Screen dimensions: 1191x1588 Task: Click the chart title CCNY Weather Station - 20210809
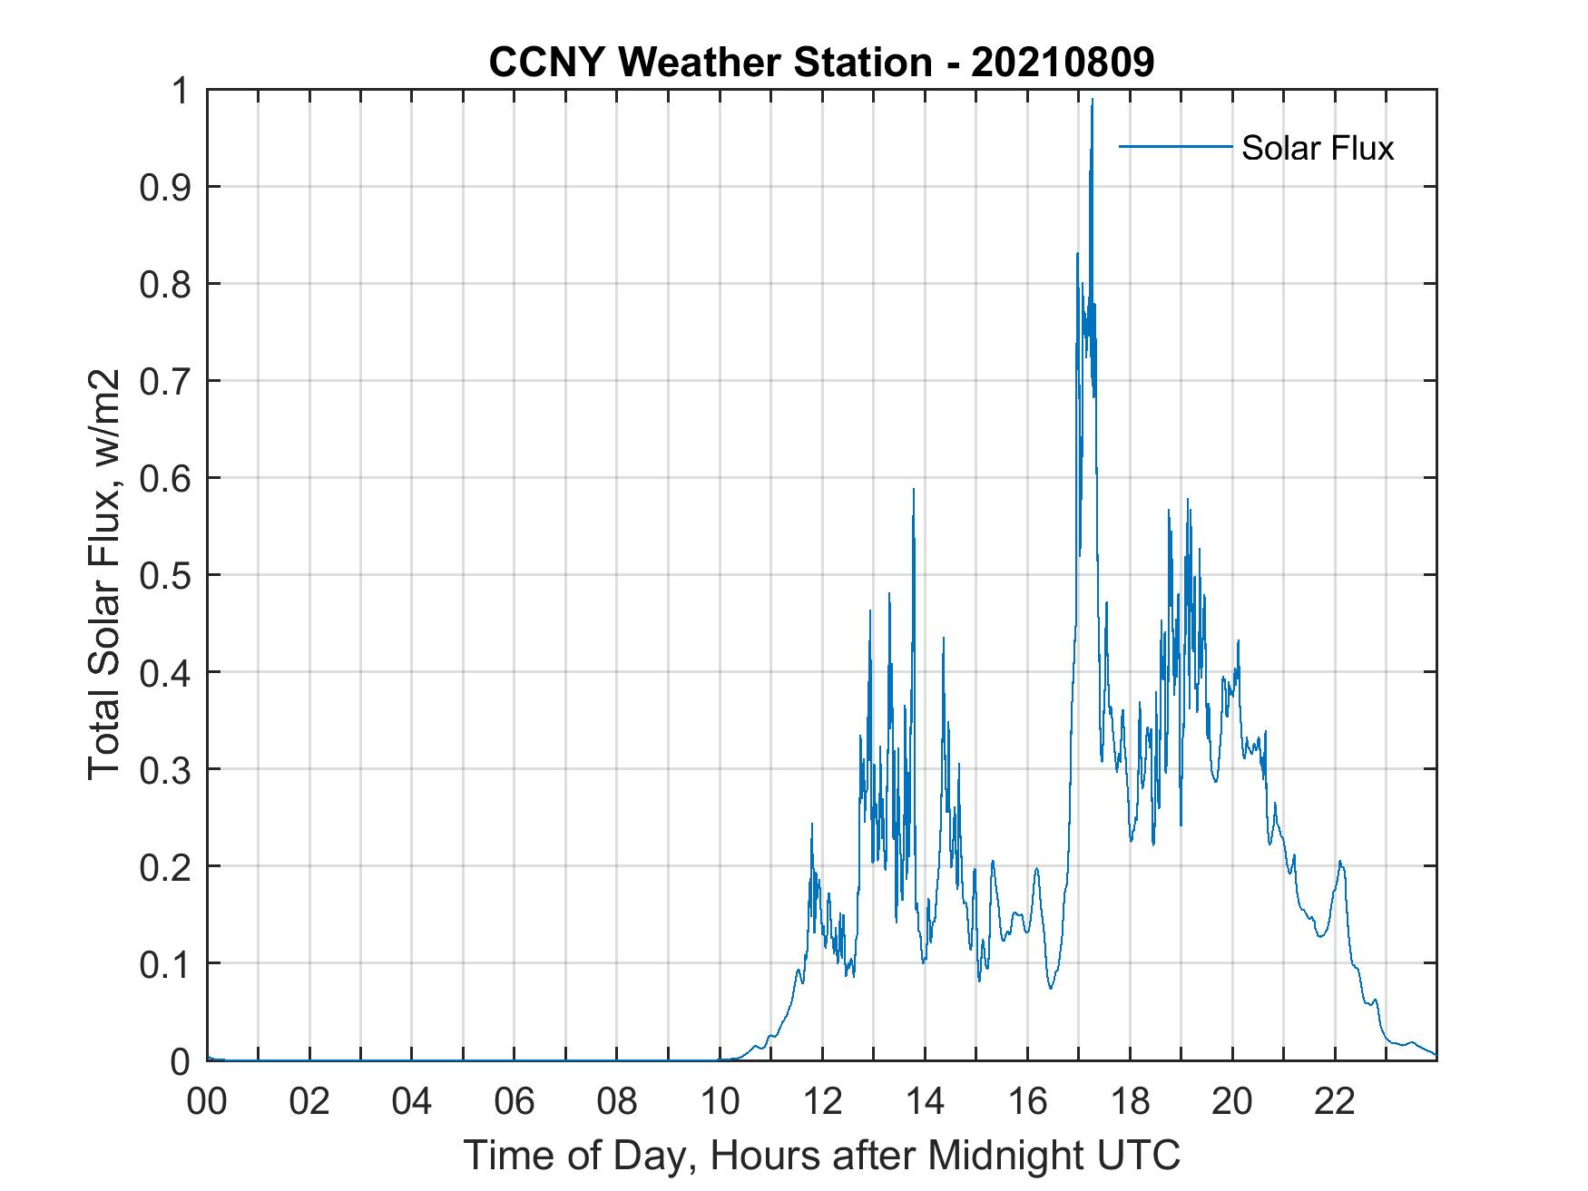[x=821, y=63]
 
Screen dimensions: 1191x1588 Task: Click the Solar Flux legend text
[x=1317, y=148]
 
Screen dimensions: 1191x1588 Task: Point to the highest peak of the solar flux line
[x=1092, y=100]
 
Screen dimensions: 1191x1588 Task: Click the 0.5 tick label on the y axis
[x=166, y=575]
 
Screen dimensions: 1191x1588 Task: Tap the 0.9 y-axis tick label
[x=166, y=187]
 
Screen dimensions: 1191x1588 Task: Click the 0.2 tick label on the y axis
[x=166, y=866]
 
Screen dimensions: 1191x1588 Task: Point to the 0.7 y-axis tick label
[x=166, y=381]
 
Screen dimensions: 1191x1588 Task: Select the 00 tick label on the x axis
[x=207, y=1102]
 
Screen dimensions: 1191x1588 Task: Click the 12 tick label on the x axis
[x=822, y=1102]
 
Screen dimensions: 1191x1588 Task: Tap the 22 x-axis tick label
[x=1335, y=1102]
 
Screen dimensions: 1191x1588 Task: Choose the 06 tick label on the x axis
[x=515, y=1102]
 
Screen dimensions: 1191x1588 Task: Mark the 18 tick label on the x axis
[x=1130, y=1102]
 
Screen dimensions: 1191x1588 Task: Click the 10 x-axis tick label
[x=720, y=1102]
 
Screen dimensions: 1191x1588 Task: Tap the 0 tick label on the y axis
[x=181, y=1060]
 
